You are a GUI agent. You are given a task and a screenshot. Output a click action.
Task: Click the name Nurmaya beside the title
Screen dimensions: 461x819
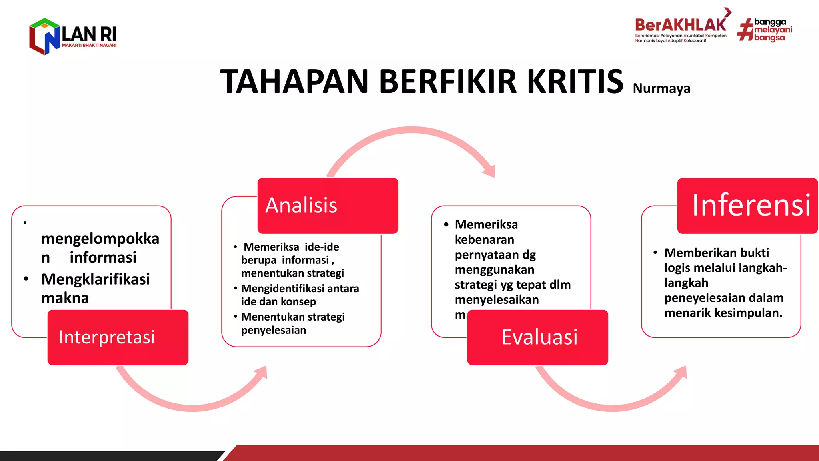(x=661, y=88)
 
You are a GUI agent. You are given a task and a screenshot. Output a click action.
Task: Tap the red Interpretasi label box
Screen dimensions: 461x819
(x=118, y=337)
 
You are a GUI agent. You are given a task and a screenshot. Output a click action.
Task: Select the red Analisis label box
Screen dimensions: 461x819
(x=328, y=205)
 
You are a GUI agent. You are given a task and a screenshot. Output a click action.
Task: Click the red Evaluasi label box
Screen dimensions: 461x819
(x=537, y=337)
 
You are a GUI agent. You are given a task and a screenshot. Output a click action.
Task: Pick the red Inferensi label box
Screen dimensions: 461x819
(x=747, y=205)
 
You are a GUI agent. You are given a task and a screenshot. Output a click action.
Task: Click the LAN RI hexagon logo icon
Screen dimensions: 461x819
(x=44, y=36)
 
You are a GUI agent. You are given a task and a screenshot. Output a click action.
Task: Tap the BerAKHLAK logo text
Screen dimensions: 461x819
(x=680, y=25)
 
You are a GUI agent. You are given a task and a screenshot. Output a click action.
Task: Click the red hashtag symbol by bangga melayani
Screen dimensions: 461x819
(x=745, y=30)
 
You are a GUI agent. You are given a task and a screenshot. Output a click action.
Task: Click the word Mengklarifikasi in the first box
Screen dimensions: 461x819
(x=95, y=279)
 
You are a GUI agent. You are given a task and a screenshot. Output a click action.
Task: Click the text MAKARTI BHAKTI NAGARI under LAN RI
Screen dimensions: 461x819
(x=89, y=46)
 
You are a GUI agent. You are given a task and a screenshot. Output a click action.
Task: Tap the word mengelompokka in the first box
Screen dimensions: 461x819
(x=100, y=239)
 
